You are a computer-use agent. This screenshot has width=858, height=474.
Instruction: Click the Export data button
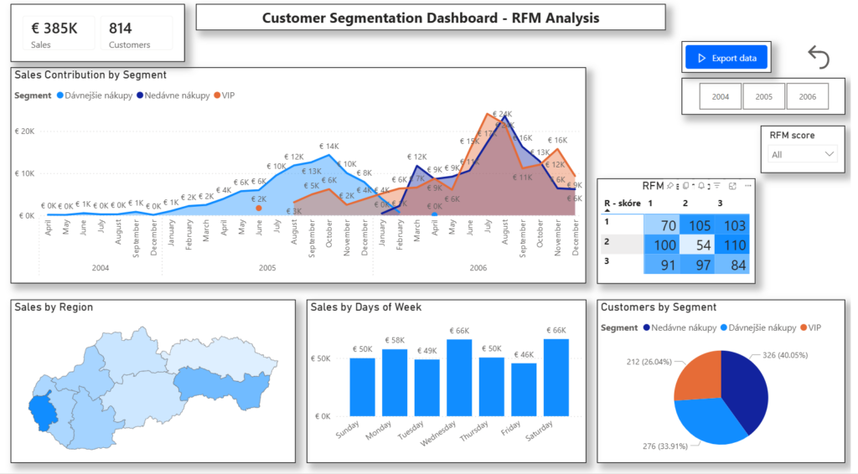coord(726,58)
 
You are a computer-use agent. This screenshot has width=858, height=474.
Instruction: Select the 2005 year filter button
coord(764,96)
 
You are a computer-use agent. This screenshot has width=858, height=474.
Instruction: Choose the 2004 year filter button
coord(721,96)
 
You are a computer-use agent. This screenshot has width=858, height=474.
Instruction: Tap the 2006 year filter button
coord(807,96)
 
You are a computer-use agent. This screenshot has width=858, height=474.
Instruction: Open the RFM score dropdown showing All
coord(803,154)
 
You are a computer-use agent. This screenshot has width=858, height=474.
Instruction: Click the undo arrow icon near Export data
coord(819,58)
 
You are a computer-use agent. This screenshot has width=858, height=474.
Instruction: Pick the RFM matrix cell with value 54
coord(698,245)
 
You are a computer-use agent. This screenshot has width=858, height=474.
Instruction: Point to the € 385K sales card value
coord(54,28)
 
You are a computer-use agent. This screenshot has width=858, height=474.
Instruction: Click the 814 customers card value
coord(121,28)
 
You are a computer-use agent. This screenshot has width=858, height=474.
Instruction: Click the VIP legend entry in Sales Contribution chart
coord(224,95)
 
